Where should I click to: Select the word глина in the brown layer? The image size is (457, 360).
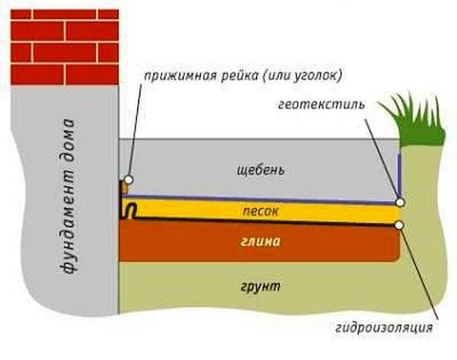pos(260,243)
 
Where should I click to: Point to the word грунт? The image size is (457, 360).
pos(259,287)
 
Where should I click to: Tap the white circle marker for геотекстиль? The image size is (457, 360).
pos(400,203)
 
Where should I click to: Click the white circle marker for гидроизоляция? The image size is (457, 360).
pos(400,225)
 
